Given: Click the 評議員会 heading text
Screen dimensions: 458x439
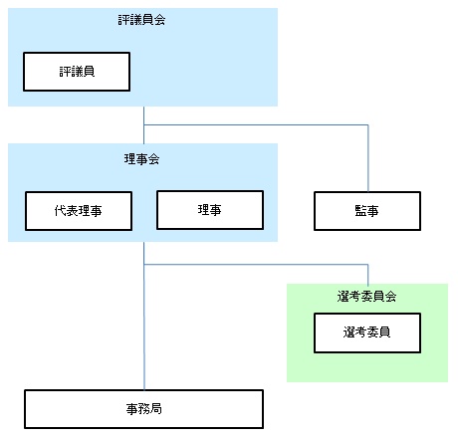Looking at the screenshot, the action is pyautogui.click(x=141, y=20).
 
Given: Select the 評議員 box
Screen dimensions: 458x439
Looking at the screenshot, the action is pyautogui.click(x=77, y=72).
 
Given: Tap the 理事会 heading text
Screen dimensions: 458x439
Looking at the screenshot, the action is pyautogui.click(x=141, y=159).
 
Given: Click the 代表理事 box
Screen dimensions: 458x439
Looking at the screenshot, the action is pyautogui.click(x=79, y=211).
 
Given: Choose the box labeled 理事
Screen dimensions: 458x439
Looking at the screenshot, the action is pyautogui.click(x=210, y=210).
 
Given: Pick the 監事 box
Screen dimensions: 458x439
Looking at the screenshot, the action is pyautogui.click(x=367, y=211).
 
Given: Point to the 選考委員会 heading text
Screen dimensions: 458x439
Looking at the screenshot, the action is pyautogui.click(x=366, y=296).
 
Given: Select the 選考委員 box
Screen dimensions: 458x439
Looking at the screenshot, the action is pyautogui.click(x=367, y=332).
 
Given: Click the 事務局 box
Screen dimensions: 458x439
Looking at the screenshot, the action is pyautogui.click(x=144, y=409).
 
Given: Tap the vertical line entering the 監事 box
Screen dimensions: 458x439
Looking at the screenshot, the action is pyautogui.click(x=368, y=158).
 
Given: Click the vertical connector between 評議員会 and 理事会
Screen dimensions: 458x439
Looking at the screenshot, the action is pyautogui.click(x=143, y=124).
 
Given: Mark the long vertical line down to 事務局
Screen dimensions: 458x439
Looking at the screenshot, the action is pyautogui.click(x=144, y=316).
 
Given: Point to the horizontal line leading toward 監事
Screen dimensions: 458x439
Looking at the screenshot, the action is pyautogui.click(x=256, y=125).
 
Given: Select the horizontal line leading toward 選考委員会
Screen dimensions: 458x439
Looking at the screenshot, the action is pyautogui.click(x=256, y=265).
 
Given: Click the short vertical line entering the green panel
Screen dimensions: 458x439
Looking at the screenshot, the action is pyautogui.click(x=368, y=274).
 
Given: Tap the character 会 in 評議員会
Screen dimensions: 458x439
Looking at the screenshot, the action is pyautogui.click(x=159, y=20).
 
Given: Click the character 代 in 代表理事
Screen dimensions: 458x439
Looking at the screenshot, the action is pyautogui.click(x=61, y=211).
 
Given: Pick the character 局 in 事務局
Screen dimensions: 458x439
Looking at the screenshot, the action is pyautogui.click(x=156, y=409).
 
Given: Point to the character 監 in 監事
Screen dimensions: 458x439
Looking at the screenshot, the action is pyautogui.click(x=361, y=211).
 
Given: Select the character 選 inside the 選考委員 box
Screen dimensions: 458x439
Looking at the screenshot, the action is pyautogui.click(x=349, y=332).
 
